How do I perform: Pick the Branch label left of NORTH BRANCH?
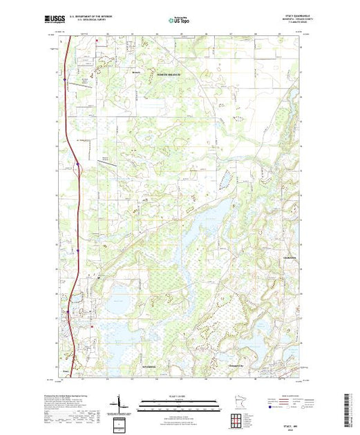[x=135, y=71]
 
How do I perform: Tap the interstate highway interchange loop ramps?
[x=79, y=166]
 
